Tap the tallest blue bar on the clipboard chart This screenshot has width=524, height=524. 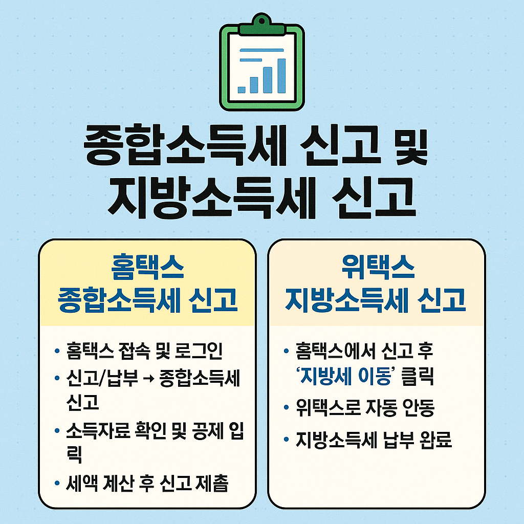[x=281, y=76]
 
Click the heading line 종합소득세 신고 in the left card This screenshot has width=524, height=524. [x=148, y=300]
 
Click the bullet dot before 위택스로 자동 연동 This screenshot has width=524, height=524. [x=286, y=408]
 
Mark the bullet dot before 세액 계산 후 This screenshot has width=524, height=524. [x=57, y=483]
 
